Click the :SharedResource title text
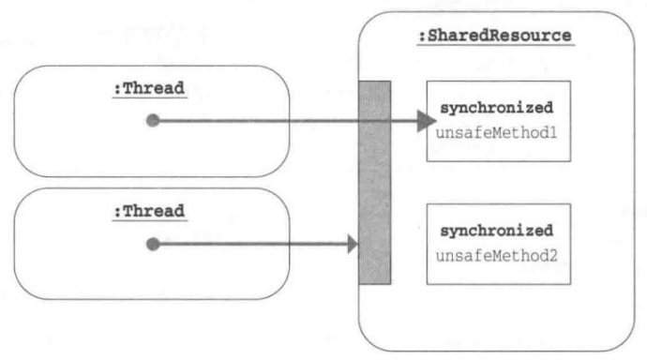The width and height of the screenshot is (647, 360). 495,37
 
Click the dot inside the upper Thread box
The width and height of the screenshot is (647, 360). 154,121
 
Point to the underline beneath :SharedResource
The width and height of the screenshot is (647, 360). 495,47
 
